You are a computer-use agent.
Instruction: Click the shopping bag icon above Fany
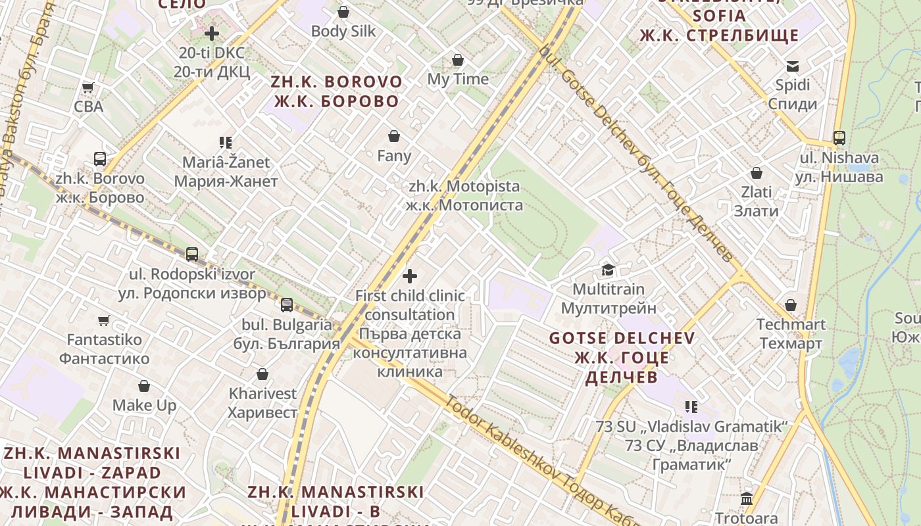point(394,136)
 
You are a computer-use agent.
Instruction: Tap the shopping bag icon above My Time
point(458,60)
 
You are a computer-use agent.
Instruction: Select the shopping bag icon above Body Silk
point(343,12)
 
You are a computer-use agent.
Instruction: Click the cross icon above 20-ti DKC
point(212,33)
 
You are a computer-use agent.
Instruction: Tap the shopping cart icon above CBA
point(87,87)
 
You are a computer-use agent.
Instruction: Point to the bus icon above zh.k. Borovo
point(100,159)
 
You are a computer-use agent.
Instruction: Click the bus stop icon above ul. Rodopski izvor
point(192,254)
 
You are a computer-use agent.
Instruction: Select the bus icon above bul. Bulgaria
point(287,304)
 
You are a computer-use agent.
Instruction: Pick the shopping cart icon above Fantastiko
point(103,321)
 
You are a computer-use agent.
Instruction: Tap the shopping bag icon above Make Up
point(144,386)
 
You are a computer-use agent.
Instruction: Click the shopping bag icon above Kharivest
point(262,374)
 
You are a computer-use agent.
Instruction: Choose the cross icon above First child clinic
point(410,276)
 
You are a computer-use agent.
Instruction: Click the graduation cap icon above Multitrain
point(608,270)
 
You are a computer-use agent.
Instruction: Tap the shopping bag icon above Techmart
point(791,305)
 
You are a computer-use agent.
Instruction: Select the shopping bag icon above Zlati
point(757,173)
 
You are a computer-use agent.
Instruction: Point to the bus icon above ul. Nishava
point(839,138)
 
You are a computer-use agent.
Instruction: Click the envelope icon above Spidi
point(793,66)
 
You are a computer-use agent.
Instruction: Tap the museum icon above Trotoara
point(747,498)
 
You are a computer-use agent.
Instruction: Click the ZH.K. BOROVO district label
point(336,91)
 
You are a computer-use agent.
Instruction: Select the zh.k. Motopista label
point(464,195)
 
